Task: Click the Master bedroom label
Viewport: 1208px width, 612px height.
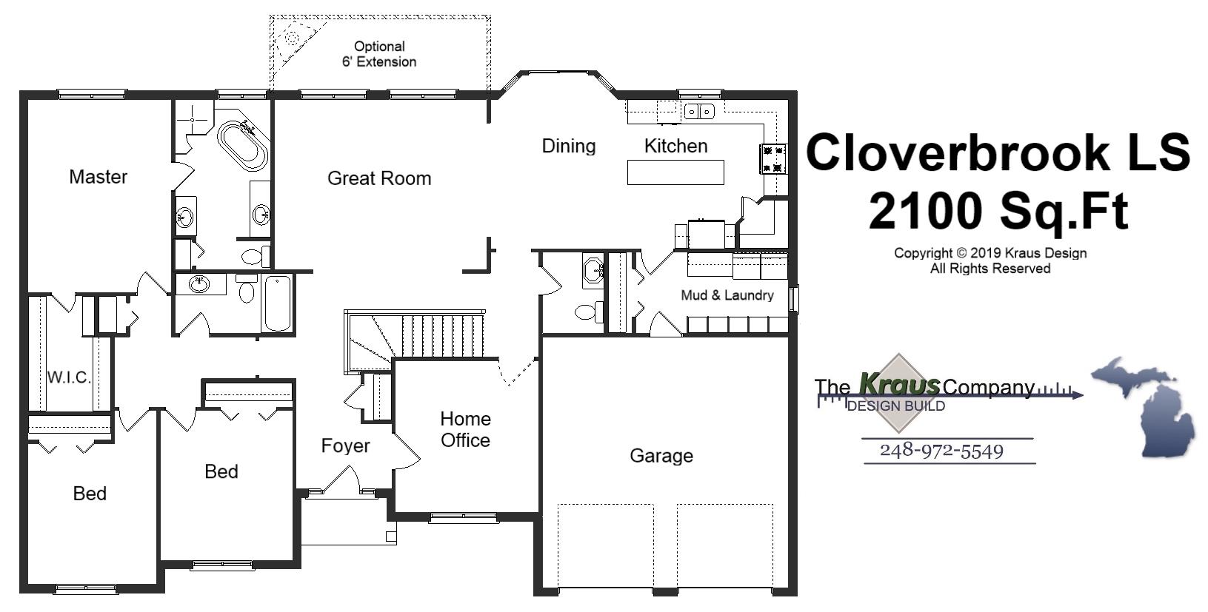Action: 98,177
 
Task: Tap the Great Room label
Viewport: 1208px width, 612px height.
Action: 378,178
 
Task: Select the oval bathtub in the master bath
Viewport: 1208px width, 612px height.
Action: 242,145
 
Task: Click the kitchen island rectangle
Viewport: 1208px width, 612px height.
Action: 675,172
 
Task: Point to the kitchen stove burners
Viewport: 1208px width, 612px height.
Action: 772,158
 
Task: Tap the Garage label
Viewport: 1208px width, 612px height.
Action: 661,456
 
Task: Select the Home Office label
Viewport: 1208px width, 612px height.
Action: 465,429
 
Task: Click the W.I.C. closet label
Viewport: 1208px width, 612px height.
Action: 69,377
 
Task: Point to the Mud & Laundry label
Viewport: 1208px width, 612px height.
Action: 727,295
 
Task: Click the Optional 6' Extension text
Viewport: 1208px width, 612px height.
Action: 378,54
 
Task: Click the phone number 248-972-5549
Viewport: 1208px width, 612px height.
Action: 941,451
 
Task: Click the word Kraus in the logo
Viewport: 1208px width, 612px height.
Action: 899,385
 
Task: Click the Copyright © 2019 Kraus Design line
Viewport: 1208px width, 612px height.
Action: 990,253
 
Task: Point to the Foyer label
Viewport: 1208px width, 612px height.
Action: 345,446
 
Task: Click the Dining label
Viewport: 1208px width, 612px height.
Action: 568,146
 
